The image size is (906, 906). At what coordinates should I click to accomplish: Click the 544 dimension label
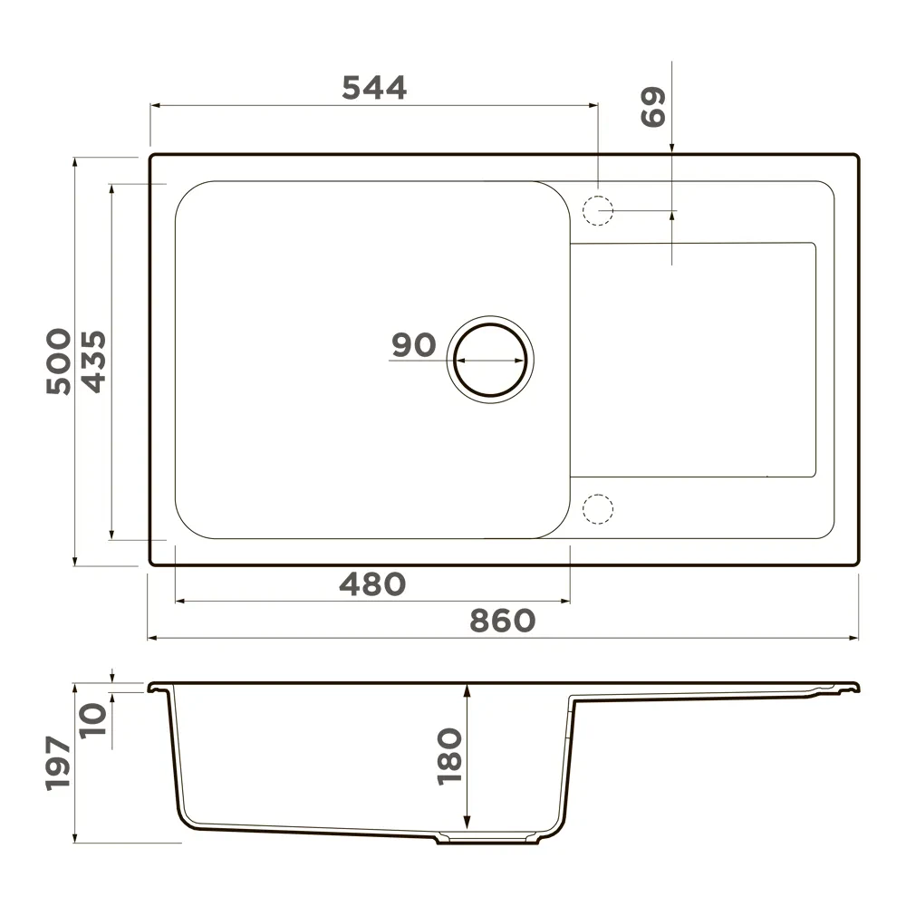coord(374,88)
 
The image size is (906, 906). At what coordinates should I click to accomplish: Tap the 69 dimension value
coord(653,107)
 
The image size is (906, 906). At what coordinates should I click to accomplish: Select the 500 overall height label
coord(59,361)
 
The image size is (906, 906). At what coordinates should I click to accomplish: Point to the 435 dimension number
coord(93,361)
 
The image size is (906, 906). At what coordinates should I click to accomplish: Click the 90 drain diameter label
coord(414,345)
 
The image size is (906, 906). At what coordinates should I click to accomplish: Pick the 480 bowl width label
coord(372,584)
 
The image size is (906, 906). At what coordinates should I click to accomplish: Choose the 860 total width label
coord(502,621)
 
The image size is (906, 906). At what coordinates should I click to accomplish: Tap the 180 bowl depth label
coord(449,757)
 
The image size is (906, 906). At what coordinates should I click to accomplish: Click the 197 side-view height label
coord(58,763)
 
